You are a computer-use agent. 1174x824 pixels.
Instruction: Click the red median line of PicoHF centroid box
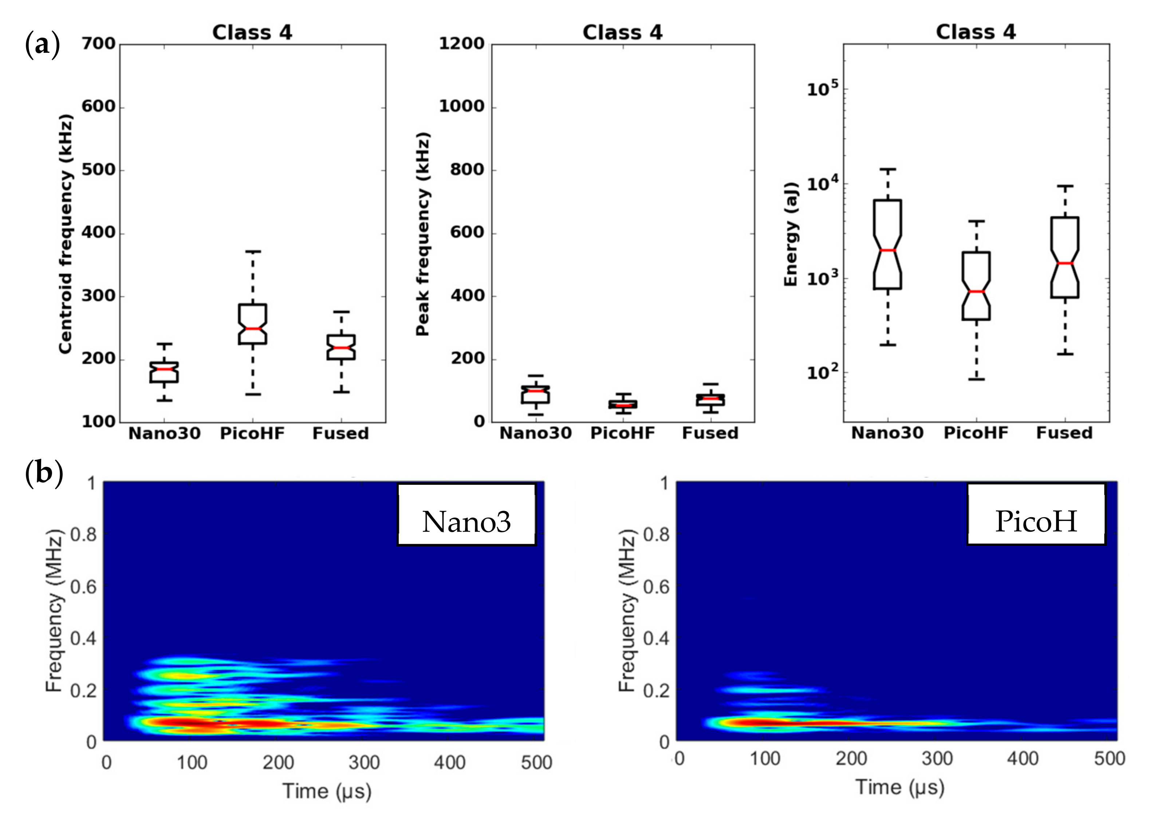(x=253, y=328)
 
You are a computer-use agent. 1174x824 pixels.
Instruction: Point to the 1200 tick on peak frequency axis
(x=461, y=44)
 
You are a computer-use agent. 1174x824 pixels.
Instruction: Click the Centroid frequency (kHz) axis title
(x=66, y=234)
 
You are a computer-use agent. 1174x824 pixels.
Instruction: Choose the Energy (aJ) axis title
(x=791, y=234)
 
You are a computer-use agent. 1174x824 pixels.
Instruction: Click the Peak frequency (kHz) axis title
(x=422, y=234)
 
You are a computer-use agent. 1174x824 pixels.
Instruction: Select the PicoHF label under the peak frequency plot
(x=622, y=433)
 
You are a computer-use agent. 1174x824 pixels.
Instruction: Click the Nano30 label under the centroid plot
(x=164, y=433)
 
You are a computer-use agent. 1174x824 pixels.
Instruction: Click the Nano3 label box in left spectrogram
(x=466, y=515)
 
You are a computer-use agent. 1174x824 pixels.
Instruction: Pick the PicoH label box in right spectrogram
(x=1036, y=515)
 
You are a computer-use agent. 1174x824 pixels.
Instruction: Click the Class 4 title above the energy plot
(x=976, y=32)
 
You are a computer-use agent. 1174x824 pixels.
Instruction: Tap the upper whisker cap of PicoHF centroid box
(x=253, y=251)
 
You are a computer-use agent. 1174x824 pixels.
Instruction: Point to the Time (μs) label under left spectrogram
(x=327, y=791)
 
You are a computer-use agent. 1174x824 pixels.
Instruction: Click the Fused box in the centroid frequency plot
(x=341, y=348)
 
